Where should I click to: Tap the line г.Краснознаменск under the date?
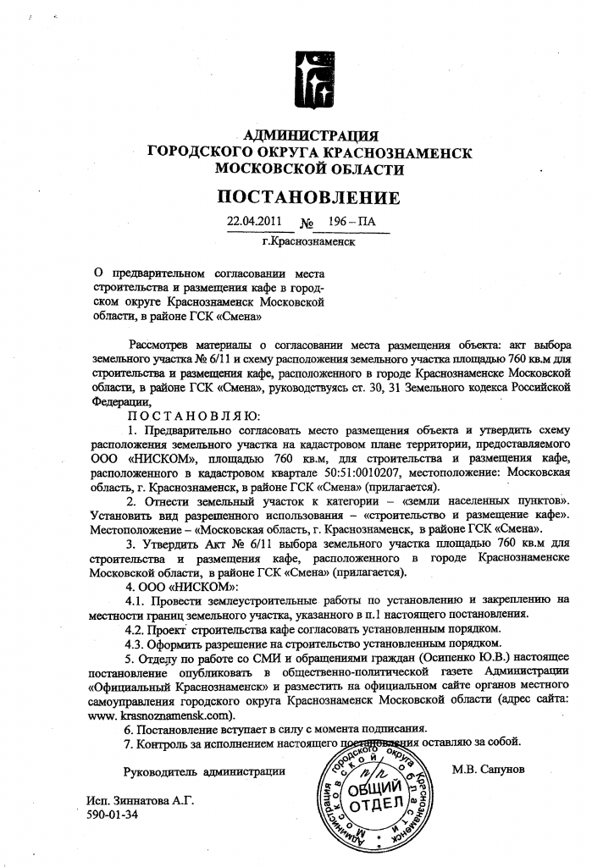[x=308, y=241]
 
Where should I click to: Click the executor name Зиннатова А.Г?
[x=133, y=801]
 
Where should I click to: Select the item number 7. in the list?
[x=129, y=743]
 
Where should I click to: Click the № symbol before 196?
[x=307, y=225]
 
